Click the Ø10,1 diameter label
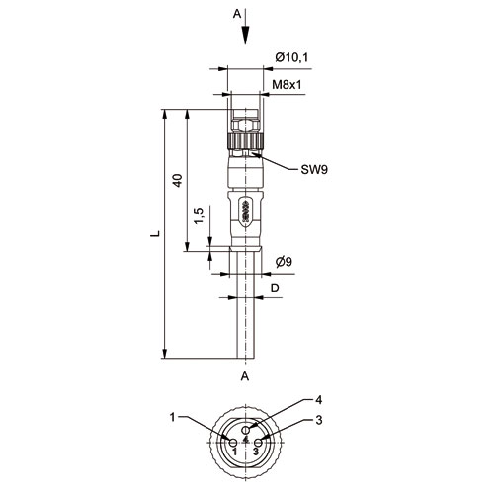(x=291, y=57)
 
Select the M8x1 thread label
(x=287, y=85)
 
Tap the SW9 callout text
(x=314, y=170)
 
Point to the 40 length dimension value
(x=178, y=180)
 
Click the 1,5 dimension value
(x=200, y=216)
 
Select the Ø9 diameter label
(x=284, y=262)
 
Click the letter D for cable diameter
(x=275, y=288)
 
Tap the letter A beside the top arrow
(x=237, y=14)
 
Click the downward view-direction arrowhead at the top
(x=246, y=36)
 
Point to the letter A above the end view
(x=245, y=376)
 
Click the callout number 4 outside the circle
(x=318, y=400)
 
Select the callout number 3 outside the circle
(x=318, y=420)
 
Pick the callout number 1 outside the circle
(x=173, y=417)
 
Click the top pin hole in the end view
(x=246, y=430)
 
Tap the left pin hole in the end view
(x=233, y=443)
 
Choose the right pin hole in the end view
(x=258, y=443)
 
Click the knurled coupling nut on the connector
(x=245, y=140)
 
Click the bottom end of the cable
(x=246, y=358)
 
